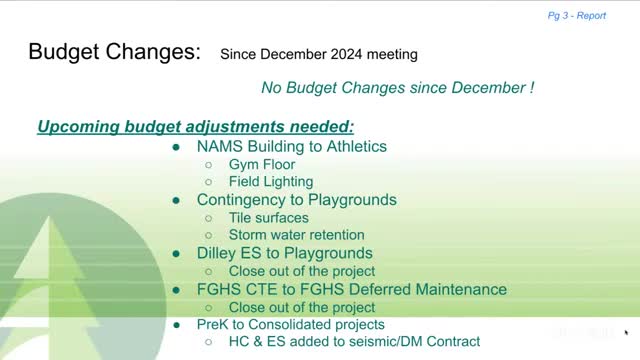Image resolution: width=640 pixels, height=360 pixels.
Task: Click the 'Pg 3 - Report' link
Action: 577,16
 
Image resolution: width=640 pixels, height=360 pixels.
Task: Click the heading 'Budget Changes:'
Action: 115,52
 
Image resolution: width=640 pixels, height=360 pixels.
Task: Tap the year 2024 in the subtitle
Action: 346,54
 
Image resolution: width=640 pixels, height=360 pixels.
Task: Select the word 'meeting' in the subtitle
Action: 392,55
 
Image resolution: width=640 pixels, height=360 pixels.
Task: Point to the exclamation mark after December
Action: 532,87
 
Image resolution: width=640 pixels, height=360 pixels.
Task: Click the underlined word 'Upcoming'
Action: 78,127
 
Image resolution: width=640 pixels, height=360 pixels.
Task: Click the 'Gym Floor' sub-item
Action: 262,164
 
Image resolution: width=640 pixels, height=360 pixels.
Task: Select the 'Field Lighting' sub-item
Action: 271,182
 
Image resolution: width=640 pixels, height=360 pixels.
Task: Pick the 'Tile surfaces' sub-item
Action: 269,218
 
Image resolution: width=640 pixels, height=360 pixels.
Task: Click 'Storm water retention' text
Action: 297,235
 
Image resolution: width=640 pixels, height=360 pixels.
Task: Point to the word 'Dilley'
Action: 216,253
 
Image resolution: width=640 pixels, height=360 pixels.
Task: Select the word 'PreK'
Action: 212,324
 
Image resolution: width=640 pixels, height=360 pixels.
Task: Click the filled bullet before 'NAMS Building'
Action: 176,147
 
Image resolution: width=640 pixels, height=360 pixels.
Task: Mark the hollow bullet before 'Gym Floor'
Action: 209,165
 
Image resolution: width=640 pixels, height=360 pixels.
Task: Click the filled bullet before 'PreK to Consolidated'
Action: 176,325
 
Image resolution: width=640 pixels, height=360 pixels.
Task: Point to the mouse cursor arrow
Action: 626,333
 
